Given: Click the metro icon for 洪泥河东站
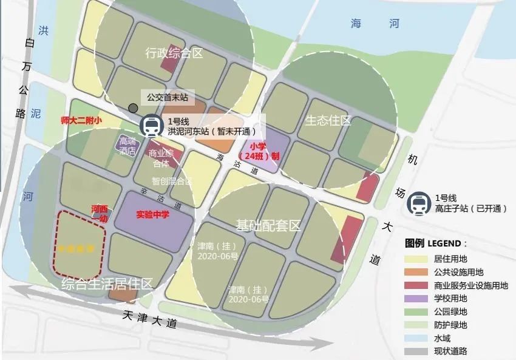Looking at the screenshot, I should [150, 126].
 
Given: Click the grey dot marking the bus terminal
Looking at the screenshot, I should [133, 108].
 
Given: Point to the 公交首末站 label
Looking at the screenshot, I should [168, 97].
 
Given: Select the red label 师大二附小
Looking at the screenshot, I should [81, 121].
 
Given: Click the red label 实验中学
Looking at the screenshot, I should [152, 214].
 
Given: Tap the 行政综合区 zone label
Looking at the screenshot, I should [174, 53].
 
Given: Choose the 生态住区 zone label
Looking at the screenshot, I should [328, 120].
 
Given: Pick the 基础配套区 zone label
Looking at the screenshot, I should [268, 226].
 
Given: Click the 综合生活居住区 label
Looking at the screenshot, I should [107, 282].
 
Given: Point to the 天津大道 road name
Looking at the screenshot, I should [149, 319].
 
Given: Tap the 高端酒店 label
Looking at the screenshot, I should [127, 146].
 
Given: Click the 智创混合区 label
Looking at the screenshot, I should [172, 181].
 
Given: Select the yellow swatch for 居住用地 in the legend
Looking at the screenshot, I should [417, 258].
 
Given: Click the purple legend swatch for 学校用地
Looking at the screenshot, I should [417, 298].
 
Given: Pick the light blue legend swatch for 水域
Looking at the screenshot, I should [417, 338].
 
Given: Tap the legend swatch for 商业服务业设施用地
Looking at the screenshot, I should [417, 285].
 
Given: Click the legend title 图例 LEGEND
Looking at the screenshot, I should [436, 243].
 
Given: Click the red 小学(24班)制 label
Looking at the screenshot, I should [263, 151].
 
